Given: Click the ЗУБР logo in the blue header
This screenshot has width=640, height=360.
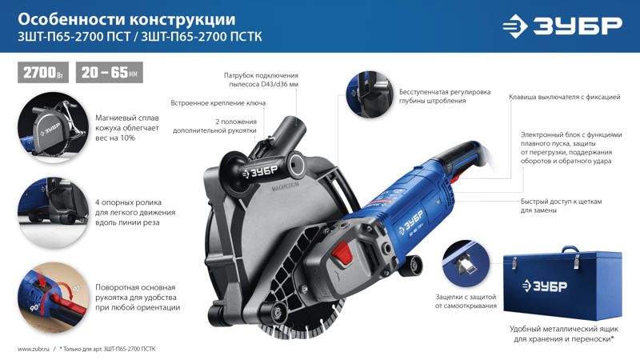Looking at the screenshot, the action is tap(562, 26).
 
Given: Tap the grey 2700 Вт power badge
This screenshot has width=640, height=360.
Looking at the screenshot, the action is tap(43, 73).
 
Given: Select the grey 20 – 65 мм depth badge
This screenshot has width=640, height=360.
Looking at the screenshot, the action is tap(110, 73).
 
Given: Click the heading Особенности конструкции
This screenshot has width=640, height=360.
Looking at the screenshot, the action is tap(126, 19).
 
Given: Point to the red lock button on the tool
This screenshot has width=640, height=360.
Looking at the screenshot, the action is tap(342, 253).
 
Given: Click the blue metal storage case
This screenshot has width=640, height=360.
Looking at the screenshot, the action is tap(562, 283).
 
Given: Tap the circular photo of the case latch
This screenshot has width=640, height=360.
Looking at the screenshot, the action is tap(466, 263).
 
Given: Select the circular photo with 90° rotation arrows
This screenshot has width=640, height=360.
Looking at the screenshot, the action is tap(53, 298).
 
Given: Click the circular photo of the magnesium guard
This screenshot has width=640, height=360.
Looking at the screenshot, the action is tap(53, 128).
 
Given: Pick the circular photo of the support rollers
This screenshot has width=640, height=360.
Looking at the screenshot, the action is tap(53, 213).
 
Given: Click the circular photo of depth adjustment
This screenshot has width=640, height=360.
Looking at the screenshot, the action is tap(370, 94).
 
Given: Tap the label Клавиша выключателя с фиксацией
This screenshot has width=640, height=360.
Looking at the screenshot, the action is tap(565, 97).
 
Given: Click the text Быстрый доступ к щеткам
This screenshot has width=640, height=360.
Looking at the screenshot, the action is tap(562, 202).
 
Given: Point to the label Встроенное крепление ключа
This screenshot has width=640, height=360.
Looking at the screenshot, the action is tap(218, 103).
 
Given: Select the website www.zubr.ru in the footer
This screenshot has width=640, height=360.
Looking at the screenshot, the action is tap(34, 349).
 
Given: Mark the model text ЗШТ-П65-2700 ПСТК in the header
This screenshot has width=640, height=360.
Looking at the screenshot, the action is tap(202, 37).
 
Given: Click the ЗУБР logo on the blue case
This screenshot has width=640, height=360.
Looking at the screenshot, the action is tap(545, 286).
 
